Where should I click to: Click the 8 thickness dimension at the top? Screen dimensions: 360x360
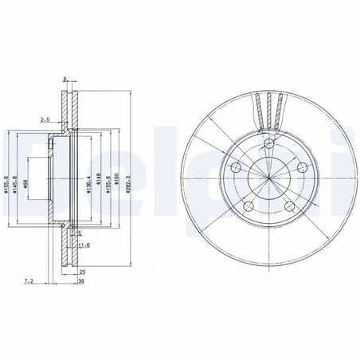click(x=65, y=80)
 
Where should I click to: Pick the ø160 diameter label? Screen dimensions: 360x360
click(x=117, y=186)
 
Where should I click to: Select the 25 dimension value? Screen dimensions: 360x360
click(x=82, y=272)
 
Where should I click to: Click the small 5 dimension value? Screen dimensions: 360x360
click(x=80, y=233)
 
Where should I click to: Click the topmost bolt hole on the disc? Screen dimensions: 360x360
click(x=270, y=144)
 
